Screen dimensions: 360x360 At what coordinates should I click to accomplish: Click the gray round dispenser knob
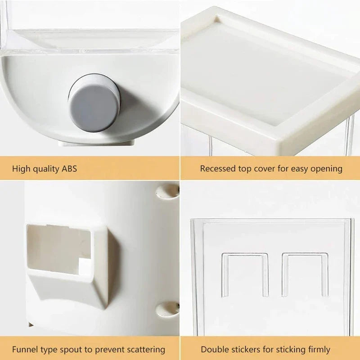(x=94, y=104)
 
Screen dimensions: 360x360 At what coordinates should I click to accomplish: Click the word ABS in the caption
(x=68, y=169)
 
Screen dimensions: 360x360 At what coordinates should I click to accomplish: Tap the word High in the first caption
(x=21, y=169)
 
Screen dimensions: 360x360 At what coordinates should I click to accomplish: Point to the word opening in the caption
(x=324, y=169)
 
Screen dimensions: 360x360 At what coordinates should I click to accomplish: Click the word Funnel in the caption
(x=25, y=349)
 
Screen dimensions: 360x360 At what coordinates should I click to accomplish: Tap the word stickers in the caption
(x=245, y=349)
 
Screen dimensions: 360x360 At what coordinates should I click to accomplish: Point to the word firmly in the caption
(x=319, y=349)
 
